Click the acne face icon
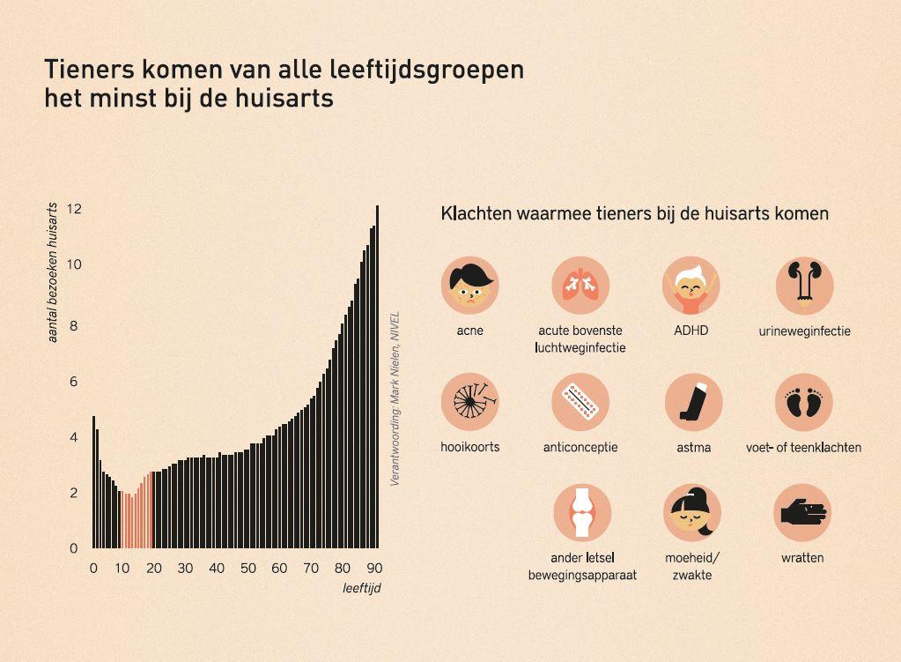point(469,286)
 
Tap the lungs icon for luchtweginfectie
point(580,286)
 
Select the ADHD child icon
point(691,286)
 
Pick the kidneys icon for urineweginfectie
point(804,286)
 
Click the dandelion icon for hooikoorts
point(469,402)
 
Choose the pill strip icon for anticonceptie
point(580,402)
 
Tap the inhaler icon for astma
point(693,402)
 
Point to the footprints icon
point(803,402)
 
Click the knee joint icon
point(581,512)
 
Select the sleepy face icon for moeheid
point(691,512)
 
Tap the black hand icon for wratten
point(802,512)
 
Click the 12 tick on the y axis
point(74,209)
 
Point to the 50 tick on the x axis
point(247,569)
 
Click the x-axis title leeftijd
point(362,588)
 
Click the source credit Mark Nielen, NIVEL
point(395,398)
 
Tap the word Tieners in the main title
point(86,69)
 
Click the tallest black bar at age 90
point(377,379)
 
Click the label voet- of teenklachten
point(803,448)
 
